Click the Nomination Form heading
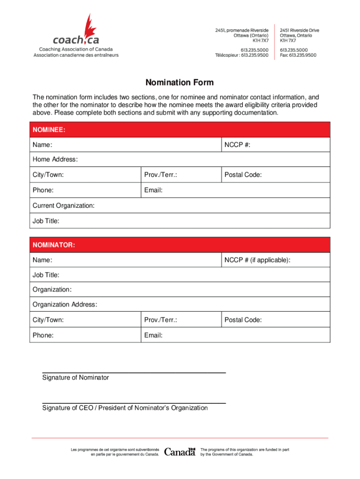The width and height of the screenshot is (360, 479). click(180, 83)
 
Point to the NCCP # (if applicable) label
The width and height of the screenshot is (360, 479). click(257, 260)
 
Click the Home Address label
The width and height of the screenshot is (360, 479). click(55, 160)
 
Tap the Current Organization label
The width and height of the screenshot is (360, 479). click(63, 205)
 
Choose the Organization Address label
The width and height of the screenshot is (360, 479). click(65, 305)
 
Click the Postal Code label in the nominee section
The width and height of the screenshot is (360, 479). click(243, 175)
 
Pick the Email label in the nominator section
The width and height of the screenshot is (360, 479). click(153, 335)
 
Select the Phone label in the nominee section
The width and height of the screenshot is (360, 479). click(43, 190)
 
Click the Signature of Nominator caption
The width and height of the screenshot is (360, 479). click(75, 377)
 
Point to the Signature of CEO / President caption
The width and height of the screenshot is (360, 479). click(125, 408)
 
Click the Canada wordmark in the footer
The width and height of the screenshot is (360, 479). click(180, 452)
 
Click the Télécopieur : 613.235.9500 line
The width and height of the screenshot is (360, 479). click(242, 55)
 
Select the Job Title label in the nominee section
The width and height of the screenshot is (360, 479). click(46, 221)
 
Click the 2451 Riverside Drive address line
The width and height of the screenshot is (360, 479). click(299, 30)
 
